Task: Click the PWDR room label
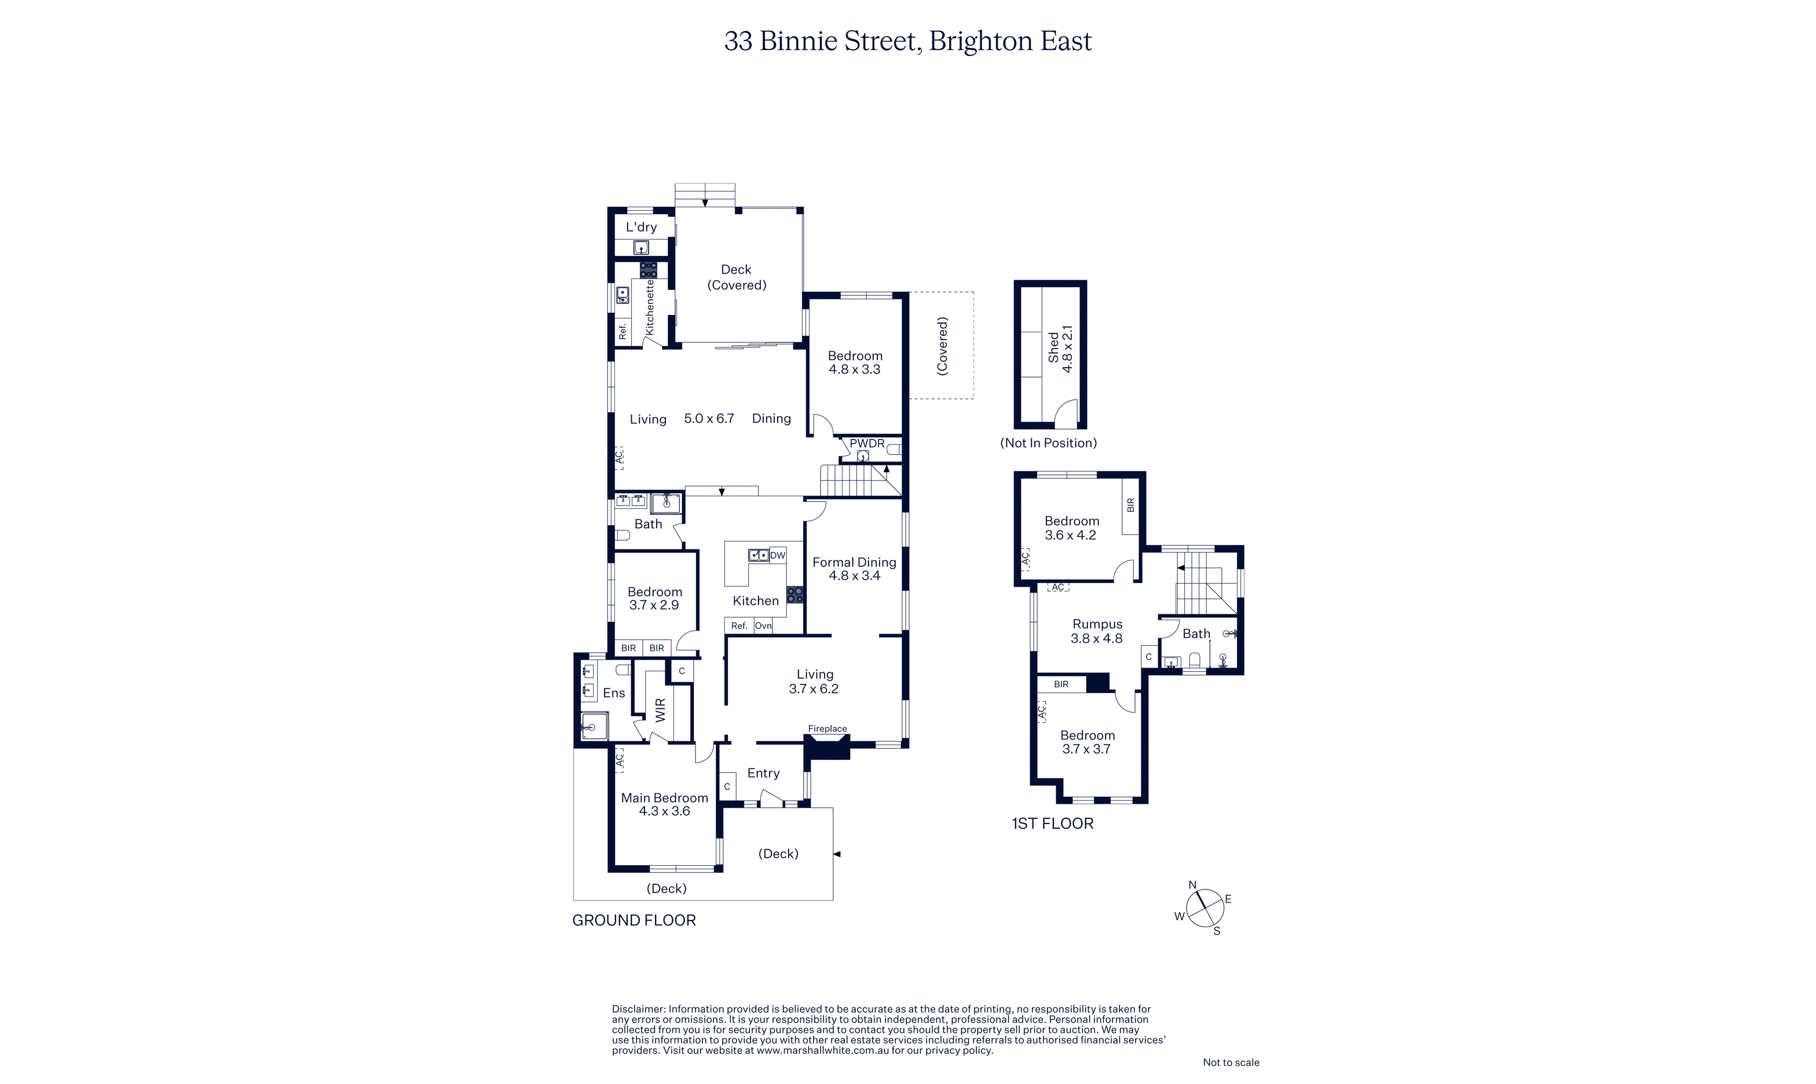(866, 444)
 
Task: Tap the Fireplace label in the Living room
(827, 728)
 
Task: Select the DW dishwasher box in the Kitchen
(777, 555)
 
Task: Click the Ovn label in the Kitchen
(763, 626)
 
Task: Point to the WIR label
(660, 710)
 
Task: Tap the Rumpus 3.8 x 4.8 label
(1097, 631)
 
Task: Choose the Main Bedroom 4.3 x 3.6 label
(665, 804)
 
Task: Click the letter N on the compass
(1192, 885)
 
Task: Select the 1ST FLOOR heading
(1053, 824)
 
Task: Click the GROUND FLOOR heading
(634, 920)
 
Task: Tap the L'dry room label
(642, 227)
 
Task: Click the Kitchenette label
(649, 307)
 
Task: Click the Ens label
(614, 693)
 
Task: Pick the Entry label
(763, 774)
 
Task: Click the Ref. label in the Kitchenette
(623, 331)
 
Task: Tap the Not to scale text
(1231, 1063)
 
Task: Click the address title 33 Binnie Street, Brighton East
(908, 42)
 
